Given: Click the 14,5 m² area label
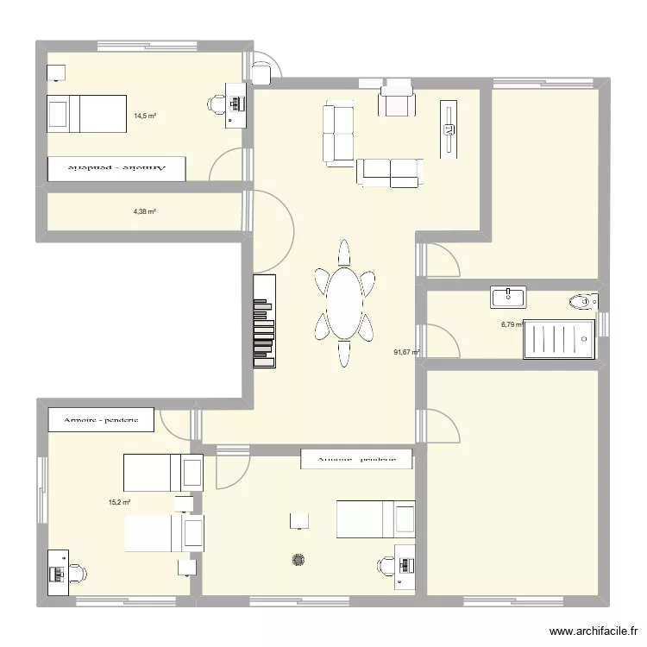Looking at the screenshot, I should tap(144, 115).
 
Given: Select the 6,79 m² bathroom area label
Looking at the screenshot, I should tap(512, 325).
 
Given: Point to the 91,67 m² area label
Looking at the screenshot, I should tap(405, 352).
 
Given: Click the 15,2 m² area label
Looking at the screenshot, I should tap(119, 502).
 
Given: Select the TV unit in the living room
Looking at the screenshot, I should tap(448, 129).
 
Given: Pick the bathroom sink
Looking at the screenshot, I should tap(508, 298).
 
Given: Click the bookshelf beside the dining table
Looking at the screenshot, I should tap(264, 321).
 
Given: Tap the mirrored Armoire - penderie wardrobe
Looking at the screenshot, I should tap(116, 169).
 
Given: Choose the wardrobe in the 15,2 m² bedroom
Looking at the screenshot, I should tap(101, 420).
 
